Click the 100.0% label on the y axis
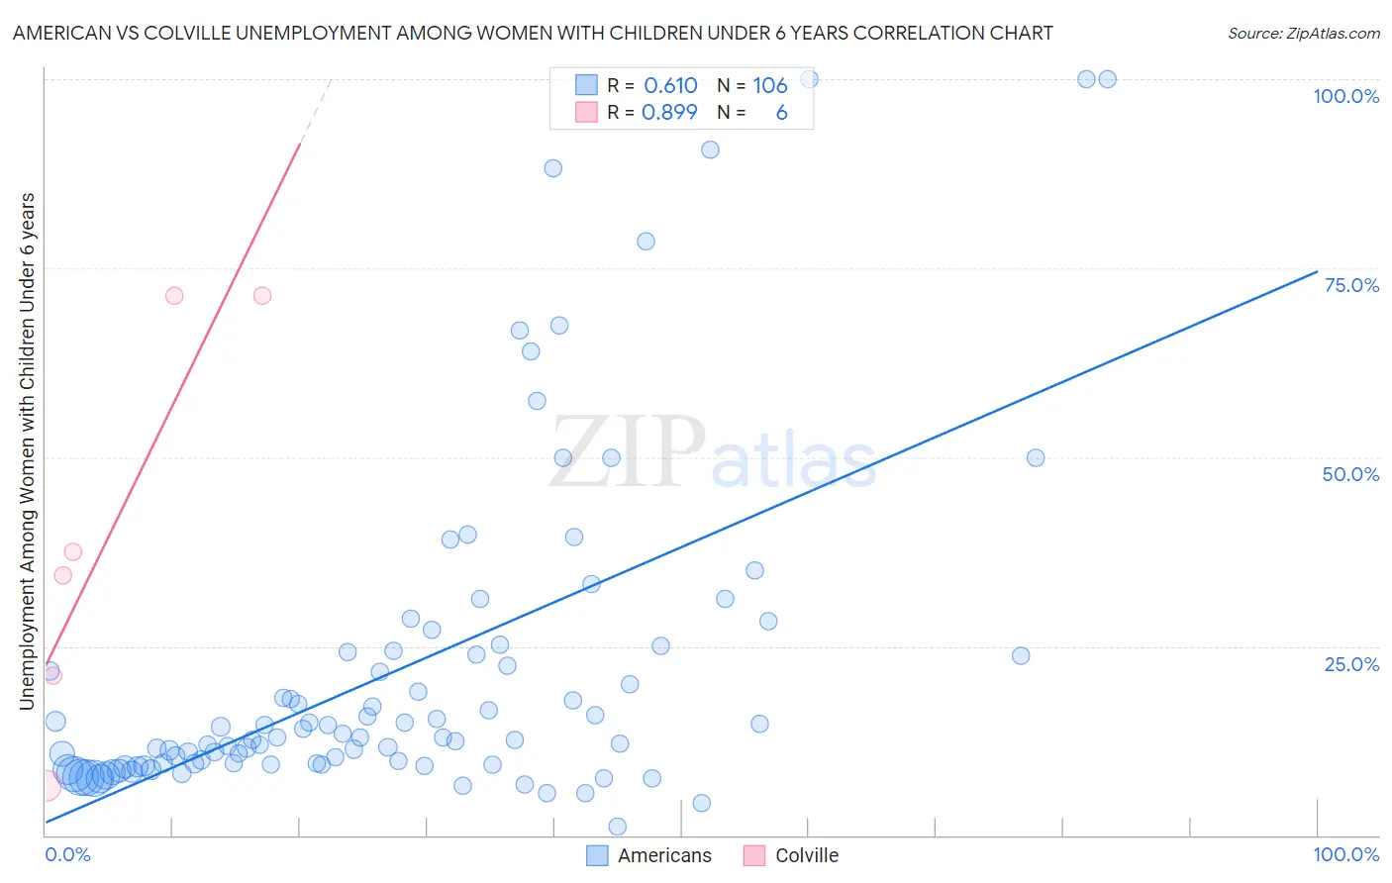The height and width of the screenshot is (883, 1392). click(x=1345, y=96)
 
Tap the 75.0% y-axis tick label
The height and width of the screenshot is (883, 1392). click(x=1351, y=285)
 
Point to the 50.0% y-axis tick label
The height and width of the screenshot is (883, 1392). click(x=1350, y=474)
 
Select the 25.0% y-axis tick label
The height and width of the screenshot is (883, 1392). click(x=1351, y=663)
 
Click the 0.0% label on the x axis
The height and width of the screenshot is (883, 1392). click(x=67, y=854)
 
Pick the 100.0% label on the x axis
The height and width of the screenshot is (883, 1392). click(x=1345, y=854)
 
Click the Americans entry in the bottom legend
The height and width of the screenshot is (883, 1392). click(x=664, y=855)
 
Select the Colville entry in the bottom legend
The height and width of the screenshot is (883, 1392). click(x=806, y=855)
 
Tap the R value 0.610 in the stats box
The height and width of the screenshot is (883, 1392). click(x=670, y=86)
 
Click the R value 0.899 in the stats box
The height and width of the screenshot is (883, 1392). click(x=669, y=113)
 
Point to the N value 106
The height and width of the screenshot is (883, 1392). click(x=769, y=86)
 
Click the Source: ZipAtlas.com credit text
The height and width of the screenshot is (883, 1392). click(x=1303, y=34)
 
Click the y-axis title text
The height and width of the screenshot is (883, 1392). click(x=27, y=451)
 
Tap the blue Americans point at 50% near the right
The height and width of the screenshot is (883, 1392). click(x=1036, y=457)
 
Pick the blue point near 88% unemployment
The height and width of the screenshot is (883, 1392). click(x=553, y=168)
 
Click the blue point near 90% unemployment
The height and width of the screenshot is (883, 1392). click(x=710, y=149)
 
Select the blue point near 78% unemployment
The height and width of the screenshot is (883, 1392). click(x=646, y=242)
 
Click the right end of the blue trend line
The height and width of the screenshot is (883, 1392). click(x=1317, y=271)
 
